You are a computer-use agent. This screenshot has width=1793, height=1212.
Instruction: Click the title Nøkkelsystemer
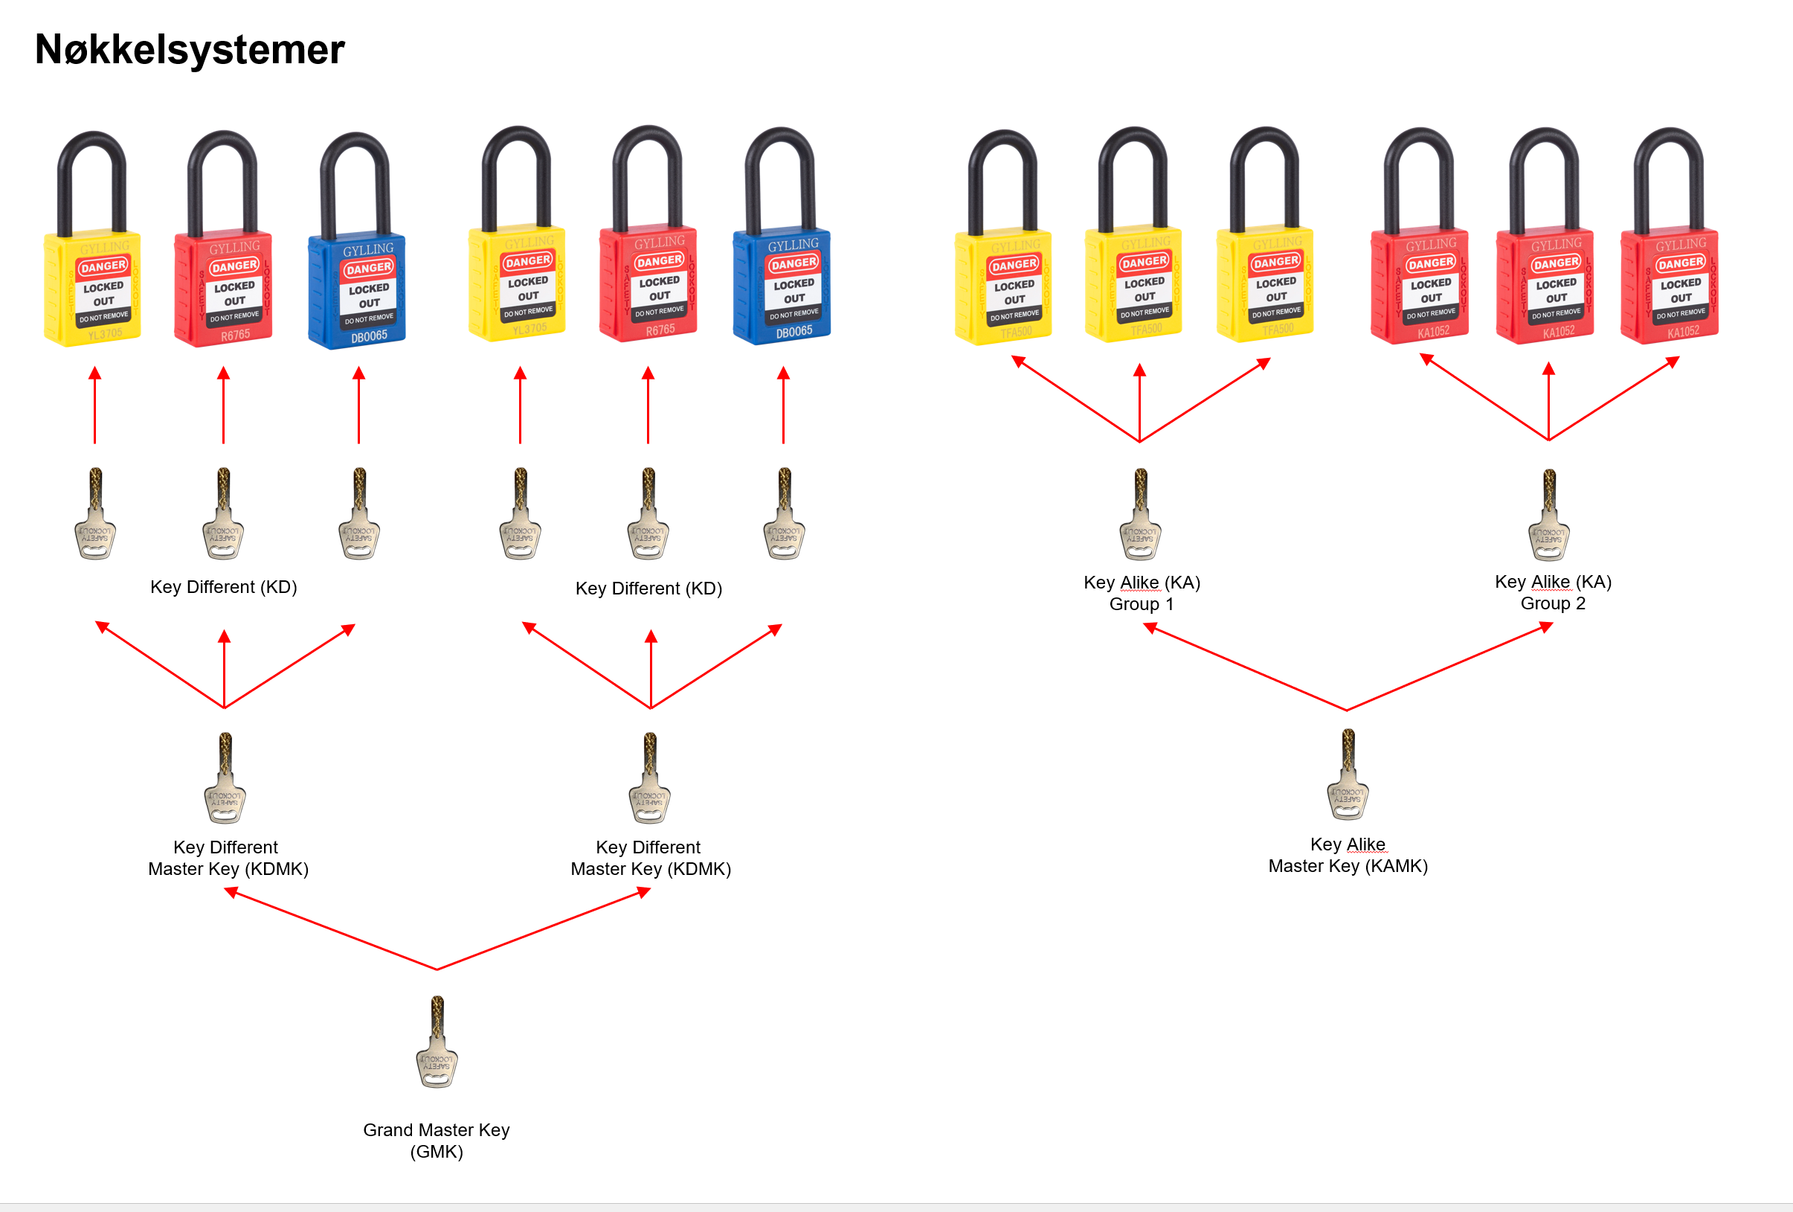point(190,50)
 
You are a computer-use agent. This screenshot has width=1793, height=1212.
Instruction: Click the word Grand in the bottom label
point(387,1129)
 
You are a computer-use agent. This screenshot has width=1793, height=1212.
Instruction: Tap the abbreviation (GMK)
point(437,1152)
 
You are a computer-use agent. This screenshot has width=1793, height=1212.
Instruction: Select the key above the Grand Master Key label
point(437,1042)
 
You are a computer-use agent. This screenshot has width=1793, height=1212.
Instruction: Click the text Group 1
point(1141,603)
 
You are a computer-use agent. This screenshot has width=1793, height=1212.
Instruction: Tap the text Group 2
point(1552,603)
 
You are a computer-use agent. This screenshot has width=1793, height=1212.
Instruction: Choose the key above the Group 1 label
point(1140,514)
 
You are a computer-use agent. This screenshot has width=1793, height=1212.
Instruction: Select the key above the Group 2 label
point(1549,515)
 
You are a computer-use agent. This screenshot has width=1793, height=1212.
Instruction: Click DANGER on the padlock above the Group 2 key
point(1557,263)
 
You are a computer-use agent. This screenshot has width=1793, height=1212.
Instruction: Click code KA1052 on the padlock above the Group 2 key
point(1559,332)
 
